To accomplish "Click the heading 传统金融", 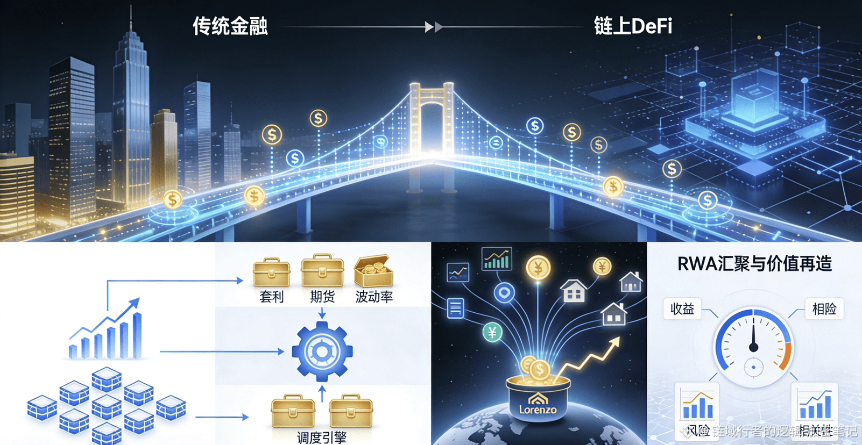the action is (x=230, y=26).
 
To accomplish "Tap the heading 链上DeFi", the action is (x=633, y=26).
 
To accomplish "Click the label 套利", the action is (x=272, y=297).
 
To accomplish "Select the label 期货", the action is (x=322, y=297).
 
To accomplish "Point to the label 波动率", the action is (x=374, y=297).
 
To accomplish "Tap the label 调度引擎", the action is (x=322, y=437).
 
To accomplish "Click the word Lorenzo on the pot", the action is (x=538, y=410).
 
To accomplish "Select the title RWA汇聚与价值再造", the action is (x=754, y=264).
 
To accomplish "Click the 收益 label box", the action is (x=682, y=309).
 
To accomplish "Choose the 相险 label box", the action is (x=824, y=309).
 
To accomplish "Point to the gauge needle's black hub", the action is (x=754, y=348).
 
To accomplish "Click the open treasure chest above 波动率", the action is (x=373, y=271).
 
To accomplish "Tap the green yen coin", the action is (x=492, y=333).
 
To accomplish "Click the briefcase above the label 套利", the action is (x=272, y=272).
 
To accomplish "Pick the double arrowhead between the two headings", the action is (x=434, y=27).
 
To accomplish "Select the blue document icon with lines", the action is (x=455, y=308).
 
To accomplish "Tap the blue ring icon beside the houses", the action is (x=504, y=293).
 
